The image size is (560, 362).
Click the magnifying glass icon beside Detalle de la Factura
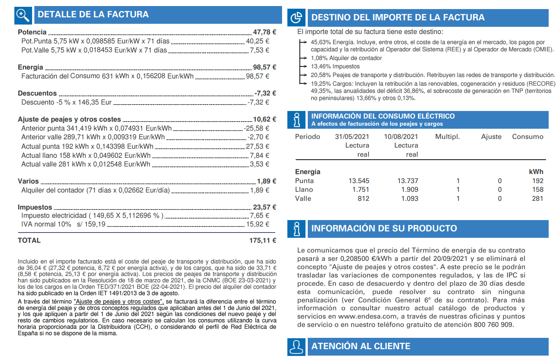23,15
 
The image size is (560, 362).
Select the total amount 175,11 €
262,240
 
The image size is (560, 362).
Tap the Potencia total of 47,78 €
264,32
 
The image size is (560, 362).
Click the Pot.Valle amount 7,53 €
259,50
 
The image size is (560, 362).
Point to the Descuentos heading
37,93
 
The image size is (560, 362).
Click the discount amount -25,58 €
256,128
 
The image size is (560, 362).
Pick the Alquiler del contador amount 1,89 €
259,190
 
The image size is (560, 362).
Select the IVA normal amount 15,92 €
258,224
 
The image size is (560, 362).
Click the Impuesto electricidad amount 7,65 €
259,216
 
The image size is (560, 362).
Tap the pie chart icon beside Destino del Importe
296,18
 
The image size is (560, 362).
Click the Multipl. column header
447,137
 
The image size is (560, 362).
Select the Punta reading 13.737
407,181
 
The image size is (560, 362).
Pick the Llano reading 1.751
361,189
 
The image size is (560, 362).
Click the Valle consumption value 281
537,199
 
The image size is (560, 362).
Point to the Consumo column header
528,137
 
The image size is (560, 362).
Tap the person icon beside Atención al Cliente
296,347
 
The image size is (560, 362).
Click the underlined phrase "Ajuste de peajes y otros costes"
119,302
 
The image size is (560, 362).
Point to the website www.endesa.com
367,316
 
